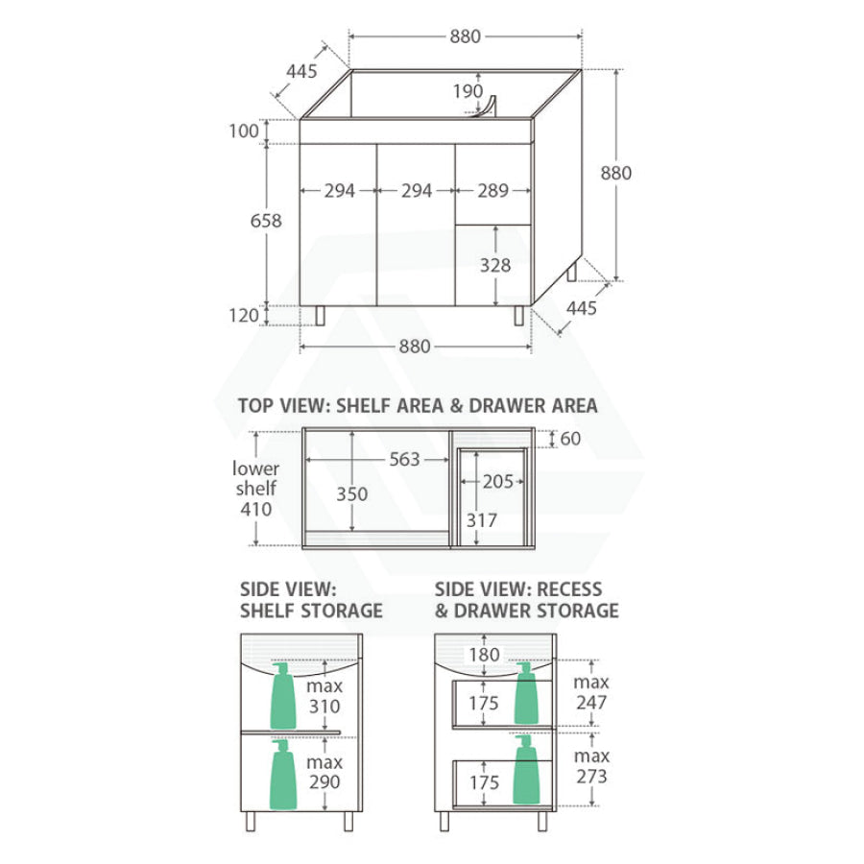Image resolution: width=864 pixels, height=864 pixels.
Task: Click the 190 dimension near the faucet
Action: (x=468, y=91)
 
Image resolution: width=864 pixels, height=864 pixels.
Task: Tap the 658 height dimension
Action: (x=266, y=221)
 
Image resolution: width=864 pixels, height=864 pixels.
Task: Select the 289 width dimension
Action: (x=492, y=191)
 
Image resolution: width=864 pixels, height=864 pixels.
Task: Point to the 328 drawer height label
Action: (x=494, y=265)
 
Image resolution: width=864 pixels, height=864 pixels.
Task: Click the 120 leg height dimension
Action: (x=244, y=315)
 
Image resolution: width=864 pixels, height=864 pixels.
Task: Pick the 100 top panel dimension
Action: (x=244, y=132)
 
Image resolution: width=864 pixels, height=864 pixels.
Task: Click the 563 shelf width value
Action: (x=404, y=459)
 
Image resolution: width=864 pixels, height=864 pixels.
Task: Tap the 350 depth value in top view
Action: (x=352, y=493)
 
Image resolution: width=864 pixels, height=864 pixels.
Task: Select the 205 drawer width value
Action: (x=498, y=482)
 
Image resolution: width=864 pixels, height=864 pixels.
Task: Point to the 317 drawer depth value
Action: (x=482, y=520)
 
